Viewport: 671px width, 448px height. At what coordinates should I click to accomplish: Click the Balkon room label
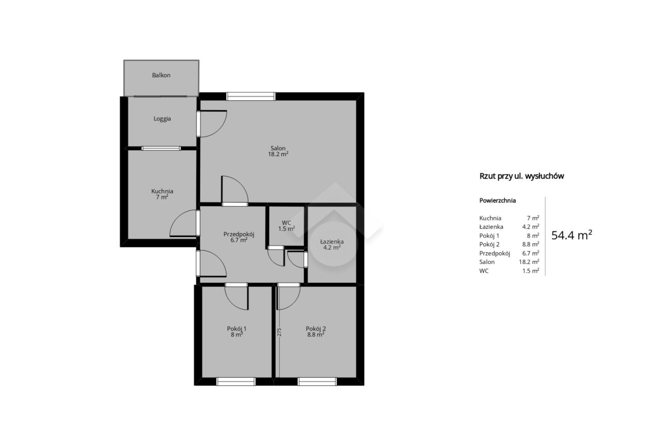tap(161, 75)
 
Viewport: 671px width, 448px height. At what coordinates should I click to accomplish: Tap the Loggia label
tap(162, 119)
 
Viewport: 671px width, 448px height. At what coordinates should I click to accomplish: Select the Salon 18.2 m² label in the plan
tap(278, 151)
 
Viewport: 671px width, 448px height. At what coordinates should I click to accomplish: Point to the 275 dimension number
tap(279, 332)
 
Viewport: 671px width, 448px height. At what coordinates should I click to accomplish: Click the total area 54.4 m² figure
tap(571, 236)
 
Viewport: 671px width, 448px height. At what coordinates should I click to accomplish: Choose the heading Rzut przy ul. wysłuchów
tap(521, 176)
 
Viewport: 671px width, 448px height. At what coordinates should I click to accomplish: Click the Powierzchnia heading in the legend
tap(498, 200)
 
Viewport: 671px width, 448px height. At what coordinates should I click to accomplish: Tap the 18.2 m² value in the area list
tap(529, 262)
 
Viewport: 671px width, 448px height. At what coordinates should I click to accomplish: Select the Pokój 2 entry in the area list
tap(489, 244)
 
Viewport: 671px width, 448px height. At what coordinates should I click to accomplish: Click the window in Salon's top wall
tap(251, 96)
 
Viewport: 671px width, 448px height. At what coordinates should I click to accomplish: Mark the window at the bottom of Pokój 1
tap(236, 381)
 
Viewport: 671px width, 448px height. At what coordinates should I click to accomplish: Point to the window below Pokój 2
tap(317, 381)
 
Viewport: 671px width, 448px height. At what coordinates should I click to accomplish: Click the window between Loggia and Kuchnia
tap(161, 148)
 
